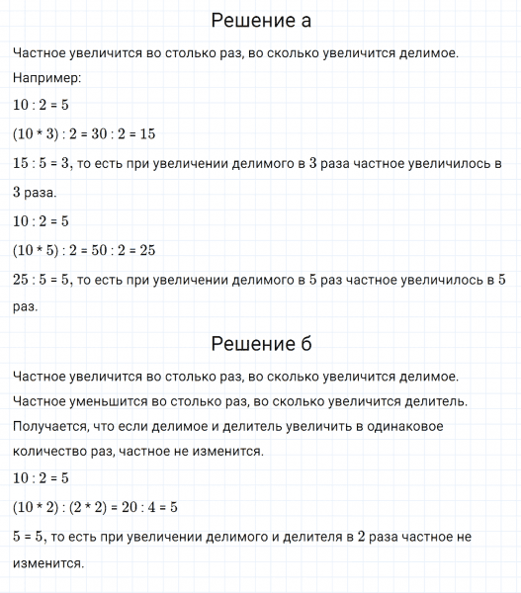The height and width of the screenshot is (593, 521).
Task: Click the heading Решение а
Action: pyautogui.click(x=261, y=20)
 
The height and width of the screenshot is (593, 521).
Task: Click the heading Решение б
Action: pyautogui.click(x=261, y=344)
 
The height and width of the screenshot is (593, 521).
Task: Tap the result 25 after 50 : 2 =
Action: pyautogui.click(x=146, y=250)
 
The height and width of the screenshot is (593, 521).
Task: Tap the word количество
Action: pyautogui.click(x=49, y=452)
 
